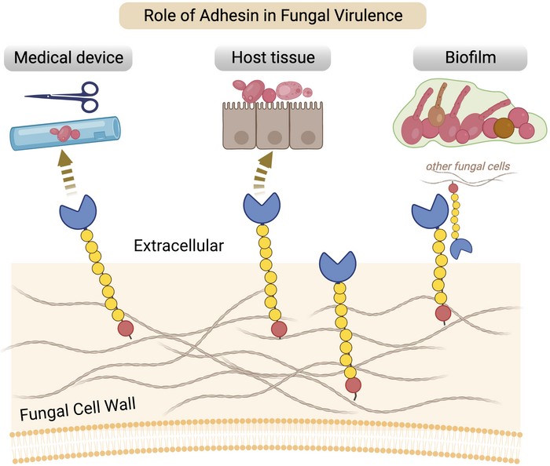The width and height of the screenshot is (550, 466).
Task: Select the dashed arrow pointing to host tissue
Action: pos(263,172)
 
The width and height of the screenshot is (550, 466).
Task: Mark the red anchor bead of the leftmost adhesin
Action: pos(124,328)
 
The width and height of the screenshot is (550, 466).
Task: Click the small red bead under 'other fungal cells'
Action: pos(453,188)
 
